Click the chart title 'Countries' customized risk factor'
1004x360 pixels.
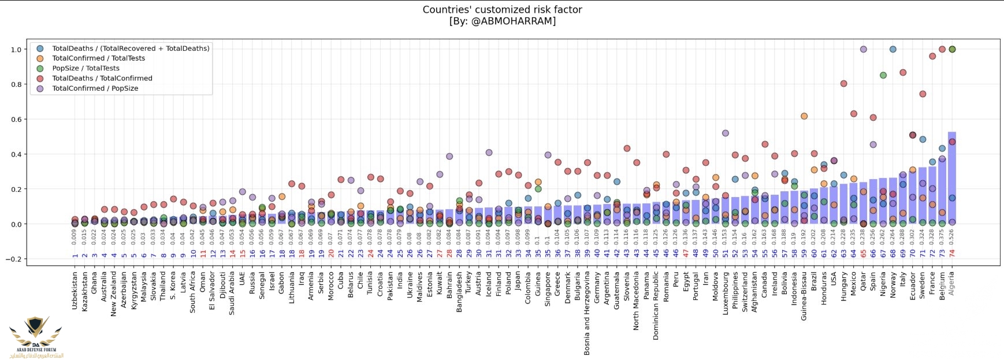pos(502,10)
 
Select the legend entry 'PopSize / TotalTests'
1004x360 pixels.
pos(85,68)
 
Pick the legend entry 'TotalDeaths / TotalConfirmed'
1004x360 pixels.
pos(102,78)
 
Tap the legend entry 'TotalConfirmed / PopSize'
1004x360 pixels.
pos(95,88)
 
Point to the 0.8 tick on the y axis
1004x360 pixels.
pos(16,84)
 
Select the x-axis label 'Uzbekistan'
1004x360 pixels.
pos(75,291)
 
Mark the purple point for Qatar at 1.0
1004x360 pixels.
pos(863,50)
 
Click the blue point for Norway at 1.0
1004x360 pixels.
pos(893,50)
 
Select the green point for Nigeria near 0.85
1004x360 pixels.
pos(883,75)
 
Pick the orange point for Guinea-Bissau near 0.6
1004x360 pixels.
pos(804,116)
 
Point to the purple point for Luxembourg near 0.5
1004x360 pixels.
pos(725,133)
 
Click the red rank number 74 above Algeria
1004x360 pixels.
pos(952,254)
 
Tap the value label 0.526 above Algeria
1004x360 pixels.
pos(952,237)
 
